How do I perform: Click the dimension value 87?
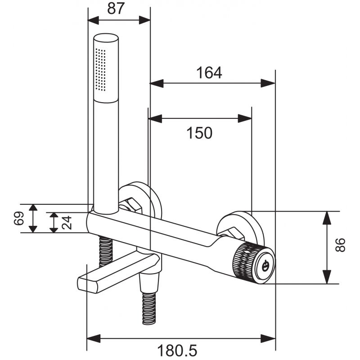tap(116, 9)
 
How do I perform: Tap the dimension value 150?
tap(199, 133)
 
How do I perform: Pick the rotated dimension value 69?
tap(18, 219)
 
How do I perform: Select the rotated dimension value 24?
tap(67, 222)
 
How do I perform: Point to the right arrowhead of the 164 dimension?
tap(270, 83)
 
